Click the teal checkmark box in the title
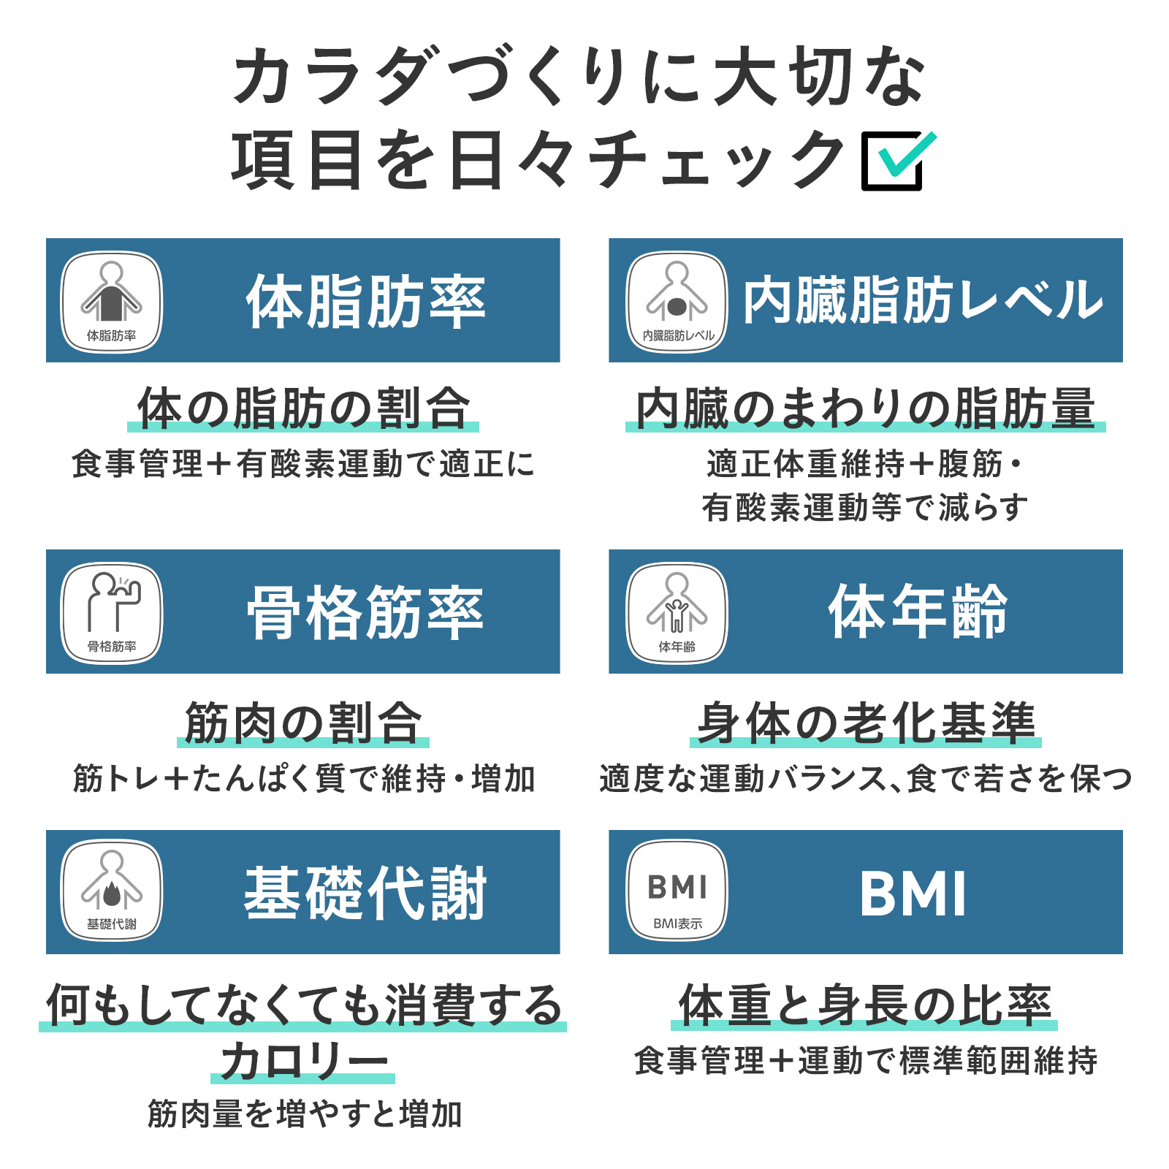tap(897, 161)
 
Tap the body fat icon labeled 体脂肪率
tap(111, 302)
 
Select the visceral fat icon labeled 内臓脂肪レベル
tap(677, 302)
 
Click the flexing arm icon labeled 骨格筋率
tap(111, 613)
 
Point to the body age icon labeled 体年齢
tap(677, 613)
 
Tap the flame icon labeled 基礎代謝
tap(111, 891)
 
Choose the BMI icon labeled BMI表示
tap(677, 891)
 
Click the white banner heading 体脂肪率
tap(366, 301)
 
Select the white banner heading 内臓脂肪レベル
tap(923, 300)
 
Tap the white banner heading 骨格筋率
tap(366, 612)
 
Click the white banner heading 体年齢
tap(918, 612)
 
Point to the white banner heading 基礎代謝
tap(366, 892)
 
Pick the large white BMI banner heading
tap(913, 894)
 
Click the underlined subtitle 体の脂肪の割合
tap(303, 408)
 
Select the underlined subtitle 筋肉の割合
tap(303, 723)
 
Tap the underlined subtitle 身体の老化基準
tap(866, 723)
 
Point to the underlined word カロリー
tap(303, 1061)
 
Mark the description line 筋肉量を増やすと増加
tap(305, 1114)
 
